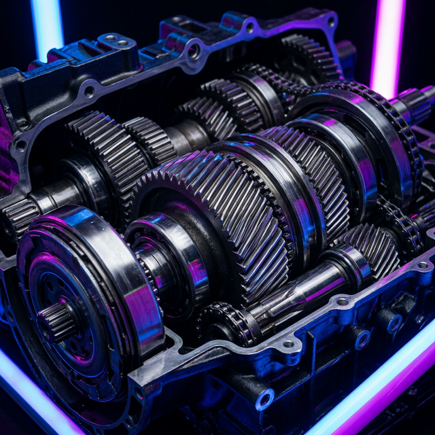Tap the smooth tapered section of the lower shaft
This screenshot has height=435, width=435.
pyautogui.click(x=292, y=292)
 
